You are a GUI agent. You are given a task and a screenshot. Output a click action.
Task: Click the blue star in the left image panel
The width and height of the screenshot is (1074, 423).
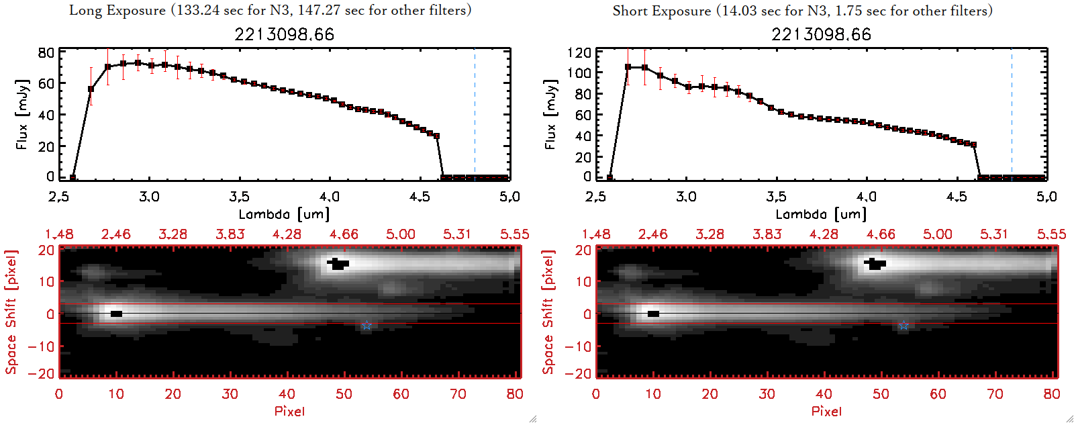(x=367, y=326)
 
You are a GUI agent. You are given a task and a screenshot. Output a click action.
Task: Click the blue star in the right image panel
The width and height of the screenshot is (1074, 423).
(x=904, y=326)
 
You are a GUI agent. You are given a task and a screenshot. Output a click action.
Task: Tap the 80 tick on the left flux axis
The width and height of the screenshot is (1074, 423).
(x=46, y=52)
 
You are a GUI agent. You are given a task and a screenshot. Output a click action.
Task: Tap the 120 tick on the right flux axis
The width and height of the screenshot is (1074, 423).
(x=579, y=52)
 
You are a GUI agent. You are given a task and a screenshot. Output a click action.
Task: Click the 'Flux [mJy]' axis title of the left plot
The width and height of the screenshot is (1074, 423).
(x=22, y=114)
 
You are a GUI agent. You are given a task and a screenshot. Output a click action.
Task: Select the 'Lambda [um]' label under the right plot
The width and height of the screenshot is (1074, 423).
(x=821, y=214)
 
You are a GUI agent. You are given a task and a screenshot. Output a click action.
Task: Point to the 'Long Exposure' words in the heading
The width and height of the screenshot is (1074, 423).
(x=117, y=10)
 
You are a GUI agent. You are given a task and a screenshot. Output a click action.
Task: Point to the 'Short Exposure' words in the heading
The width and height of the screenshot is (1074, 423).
(x=661, y=11)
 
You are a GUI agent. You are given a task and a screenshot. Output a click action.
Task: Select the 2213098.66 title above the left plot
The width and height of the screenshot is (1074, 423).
(x=284, y=34)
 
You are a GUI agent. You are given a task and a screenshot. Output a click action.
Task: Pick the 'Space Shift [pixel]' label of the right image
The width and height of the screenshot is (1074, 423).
(x=548, y=312)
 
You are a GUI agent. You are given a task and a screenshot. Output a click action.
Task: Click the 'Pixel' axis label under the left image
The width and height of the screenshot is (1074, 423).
(x=289, y=411)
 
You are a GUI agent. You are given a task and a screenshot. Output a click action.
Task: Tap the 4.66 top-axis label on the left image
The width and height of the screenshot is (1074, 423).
(x=344, y=234)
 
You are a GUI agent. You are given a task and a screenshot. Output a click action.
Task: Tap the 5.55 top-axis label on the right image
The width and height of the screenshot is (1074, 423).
(x=1051, y=234)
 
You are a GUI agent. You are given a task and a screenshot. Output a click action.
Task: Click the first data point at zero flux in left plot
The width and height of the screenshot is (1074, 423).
(x=72, y=178)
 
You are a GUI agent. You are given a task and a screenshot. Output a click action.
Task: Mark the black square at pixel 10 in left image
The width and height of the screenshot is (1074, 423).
(x=116, y=314)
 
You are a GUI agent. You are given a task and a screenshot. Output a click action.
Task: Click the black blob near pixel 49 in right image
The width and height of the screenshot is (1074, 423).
(x=875, y=263)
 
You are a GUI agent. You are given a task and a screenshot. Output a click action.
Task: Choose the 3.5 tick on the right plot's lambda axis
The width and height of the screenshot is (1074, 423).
(x=776, y=197)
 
